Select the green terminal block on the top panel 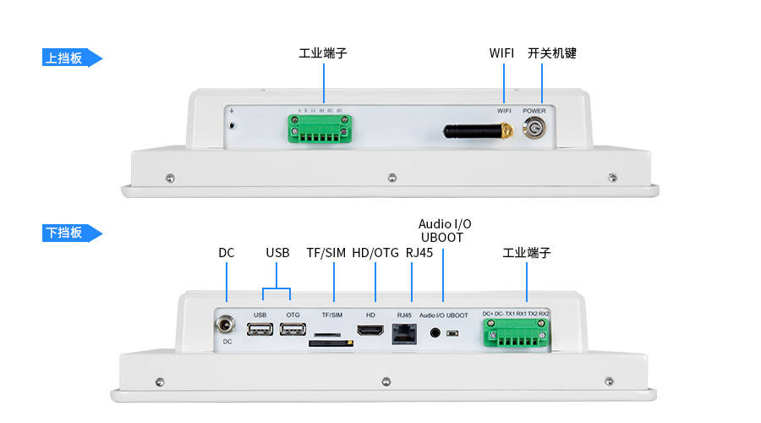pyautogui.click(x=322, y=129)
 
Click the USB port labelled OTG pyautogui.click(x=293, y=330)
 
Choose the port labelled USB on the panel pyautogui.click(x=260, y=330)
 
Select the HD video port pyautogui.click(x=370, y=331)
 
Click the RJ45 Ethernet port pyautogui.click(x=403, y=332)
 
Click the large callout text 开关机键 pyautogui.click(x=551, y=52)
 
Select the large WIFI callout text pyautogui.click(x=501, y=52)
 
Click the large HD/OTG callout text pyautogui.click(x=375, y=252)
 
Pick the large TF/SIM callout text pyautogui.click(x=326, y=252)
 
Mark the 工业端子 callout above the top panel pyautogui.click(x=322, y=52)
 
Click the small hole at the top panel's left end pyautogui.click(x=232, y=126)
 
